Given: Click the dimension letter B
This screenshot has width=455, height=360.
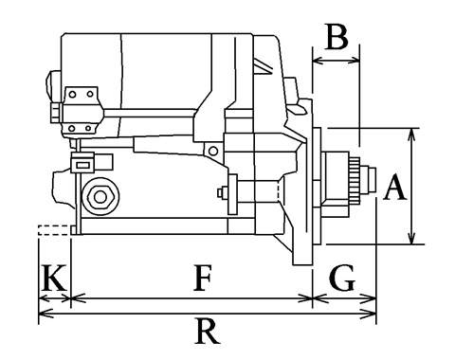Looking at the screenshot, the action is [x=337, y=37].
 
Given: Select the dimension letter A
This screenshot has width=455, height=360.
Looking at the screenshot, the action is [x=394, y=188].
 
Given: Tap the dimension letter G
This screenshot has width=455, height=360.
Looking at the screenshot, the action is [x=342, y=278].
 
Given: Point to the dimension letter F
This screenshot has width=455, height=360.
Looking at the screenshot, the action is [x=202, y=278].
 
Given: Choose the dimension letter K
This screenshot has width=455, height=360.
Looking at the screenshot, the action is [x=54, y=278].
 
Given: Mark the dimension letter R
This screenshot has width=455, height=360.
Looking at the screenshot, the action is [x=207, y=332].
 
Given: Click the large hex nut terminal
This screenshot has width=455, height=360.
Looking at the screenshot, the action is [x=100, y=197].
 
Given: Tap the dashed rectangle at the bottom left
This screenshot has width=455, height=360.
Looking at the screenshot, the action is [x=53, y=230].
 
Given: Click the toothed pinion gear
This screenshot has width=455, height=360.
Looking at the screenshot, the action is [x=355, y=180].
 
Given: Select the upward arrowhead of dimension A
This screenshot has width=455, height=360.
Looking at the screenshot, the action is [x=411, y=135].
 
